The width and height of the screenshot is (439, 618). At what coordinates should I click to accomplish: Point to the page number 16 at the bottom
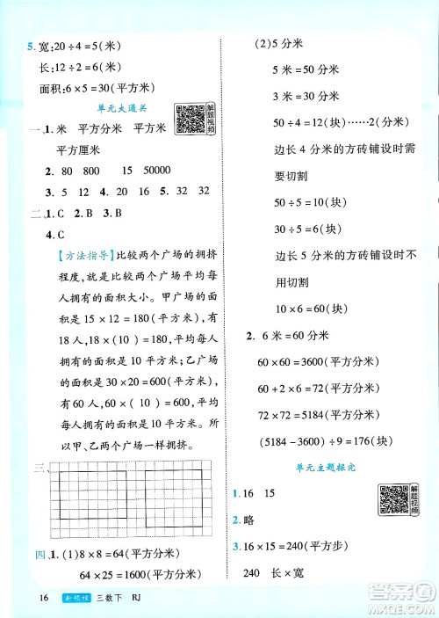(20, 597)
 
